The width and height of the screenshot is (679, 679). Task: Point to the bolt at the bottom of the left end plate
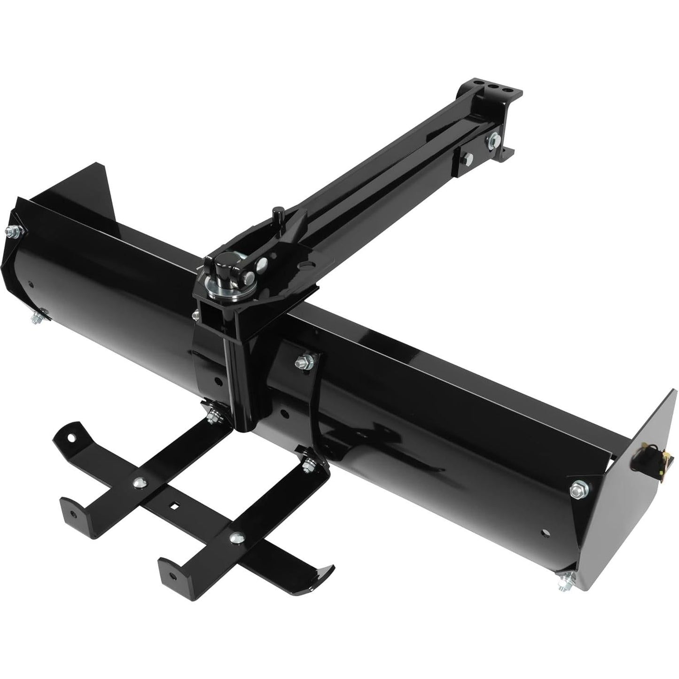click(x=37, y=318)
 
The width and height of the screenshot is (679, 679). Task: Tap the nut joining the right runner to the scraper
click(x=309, y=465)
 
